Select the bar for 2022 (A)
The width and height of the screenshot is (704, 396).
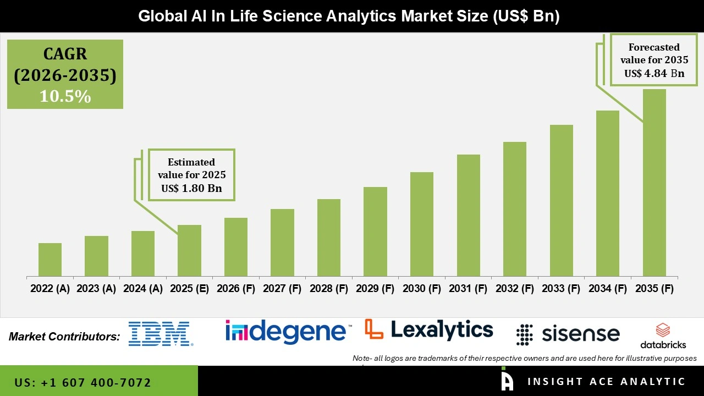50,260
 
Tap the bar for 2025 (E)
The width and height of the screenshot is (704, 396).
189,250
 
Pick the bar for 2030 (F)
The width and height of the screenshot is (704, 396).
422,224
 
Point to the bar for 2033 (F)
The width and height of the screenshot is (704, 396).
561,200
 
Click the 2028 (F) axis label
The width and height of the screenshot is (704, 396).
329,289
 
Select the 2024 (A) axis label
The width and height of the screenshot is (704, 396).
143,289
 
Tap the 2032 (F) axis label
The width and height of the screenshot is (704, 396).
515,289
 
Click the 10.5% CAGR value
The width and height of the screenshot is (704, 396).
65,96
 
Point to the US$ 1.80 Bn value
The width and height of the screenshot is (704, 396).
191,188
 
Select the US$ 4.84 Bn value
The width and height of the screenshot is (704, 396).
654,73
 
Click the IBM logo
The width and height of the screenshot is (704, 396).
160,334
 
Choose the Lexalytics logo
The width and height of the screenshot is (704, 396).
429,330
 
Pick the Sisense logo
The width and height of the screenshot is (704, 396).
568,334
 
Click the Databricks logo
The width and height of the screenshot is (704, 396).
663,336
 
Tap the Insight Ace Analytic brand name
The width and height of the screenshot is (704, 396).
606,382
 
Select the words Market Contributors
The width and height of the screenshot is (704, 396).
64,337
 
